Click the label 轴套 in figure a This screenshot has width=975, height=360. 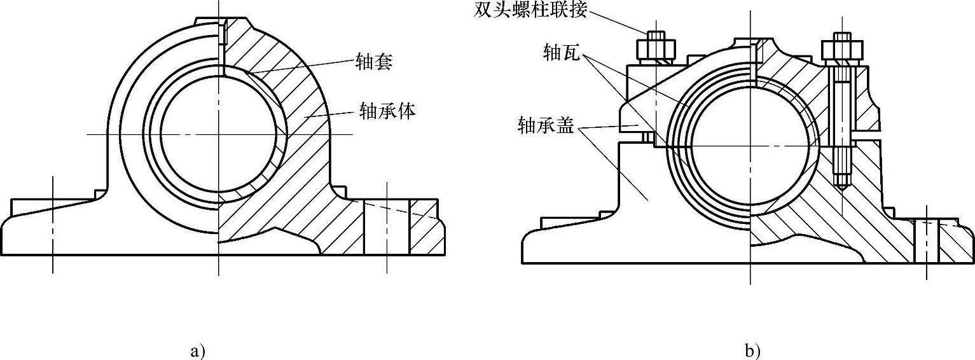375,62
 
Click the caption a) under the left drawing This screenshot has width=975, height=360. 198,350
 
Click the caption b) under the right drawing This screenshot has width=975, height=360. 752,350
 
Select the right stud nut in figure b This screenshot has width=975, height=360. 840,49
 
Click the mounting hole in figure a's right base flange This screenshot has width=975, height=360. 386,227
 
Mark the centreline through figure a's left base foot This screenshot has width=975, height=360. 53,223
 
